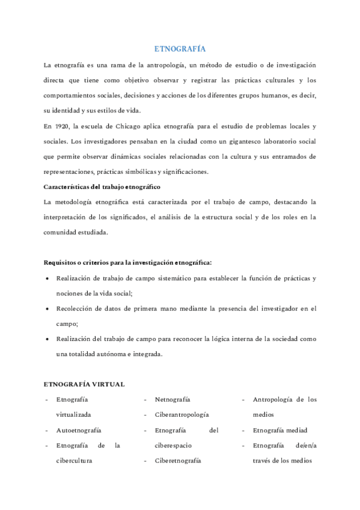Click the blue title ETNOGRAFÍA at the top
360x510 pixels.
coord(180,50)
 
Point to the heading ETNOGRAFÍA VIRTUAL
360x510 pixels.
coord(85,384)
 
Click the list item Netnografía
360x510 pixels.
coord(172,399)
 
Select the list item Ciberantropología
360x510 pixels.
coord(182,415)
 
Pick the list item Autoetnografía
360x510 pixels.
coord(78,431)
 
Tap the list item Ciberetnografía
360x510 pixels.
coord(178,461)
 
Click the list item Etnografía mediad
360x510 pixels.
coord(280,431)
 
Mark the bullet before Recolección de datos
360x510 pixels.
coord(47,309)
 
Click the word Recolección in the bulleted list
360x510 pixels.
coord(75,309)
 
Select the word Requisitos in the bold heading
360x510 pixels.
coord(63,262)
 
